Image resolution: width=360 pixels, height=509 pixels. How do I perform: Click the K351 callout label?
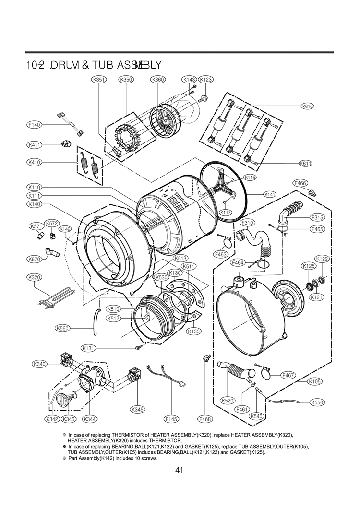pyautogui.click(x=98, y=79)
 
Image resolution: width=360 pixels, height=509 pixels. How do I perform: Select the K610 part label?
pyautogui.click(x=307, y=106)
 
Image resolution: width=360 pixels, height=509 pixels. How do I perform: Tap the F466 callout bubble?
pyautogui.click(x=300, y=183)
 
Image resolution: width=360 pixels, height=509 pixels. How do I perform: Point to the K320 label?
pyautogui.click(x=34, y=277)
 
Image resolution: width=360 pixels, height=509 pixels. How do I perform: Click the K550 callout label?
pyautogui.click(x=317, y=402)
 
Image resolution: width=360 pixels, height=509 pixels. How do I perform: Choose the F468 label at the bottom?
pyautogui.click(x=205, y=419)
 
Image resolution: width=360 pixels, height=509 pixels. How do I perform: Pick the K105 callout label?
pyautogui.click(x=315, y=382)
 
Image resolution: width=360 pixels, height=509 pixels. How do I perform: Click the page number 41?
pyautogui.click(x=180, y=470)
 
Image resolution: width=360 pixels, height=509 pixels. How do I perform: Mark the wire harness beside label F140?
pyautogui.click(x=71, y=122)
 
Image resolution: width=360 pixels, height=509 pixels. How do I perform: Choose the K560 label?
pyautogui.click(x=63, y=329)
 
